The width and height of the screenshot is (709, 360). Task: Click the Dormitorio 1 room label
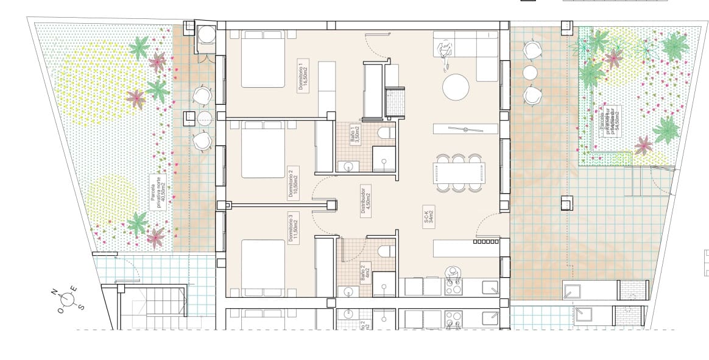303,75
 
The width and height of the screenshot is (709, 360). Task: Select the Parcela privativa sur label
610,123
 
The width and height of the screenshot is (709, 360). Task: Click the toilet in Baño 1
385,133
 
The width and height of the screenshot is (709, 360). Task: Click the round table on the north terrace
203,118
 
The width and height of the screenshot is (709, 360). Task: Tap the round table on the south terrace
531,72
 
